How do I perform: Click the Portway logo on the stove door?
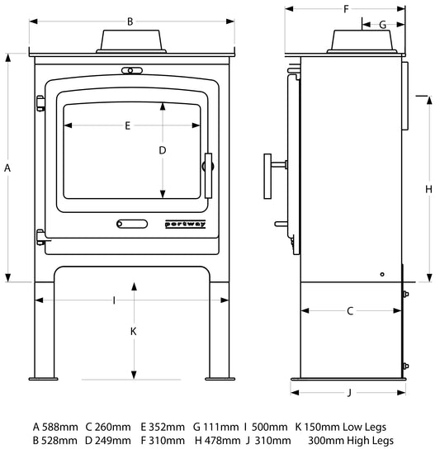tap(186, 224)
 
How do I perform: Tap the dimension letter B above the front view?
tap(130, 21)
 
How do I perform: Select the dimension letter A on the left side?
tap(7, 168)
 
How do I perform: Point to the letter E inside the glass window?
tap(128, 125)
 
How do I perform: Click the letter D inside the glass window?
tap(163, 150)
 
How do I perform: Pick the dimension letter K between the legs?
tap(133, 331)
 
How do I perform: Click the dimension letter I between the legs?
tap(114, 300)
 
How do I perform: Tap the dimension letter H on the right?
tap(428, 189)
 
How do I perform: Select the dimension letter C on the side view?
tap(350, 311)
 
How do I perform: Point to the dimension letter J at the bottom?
tap(349, 392)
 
